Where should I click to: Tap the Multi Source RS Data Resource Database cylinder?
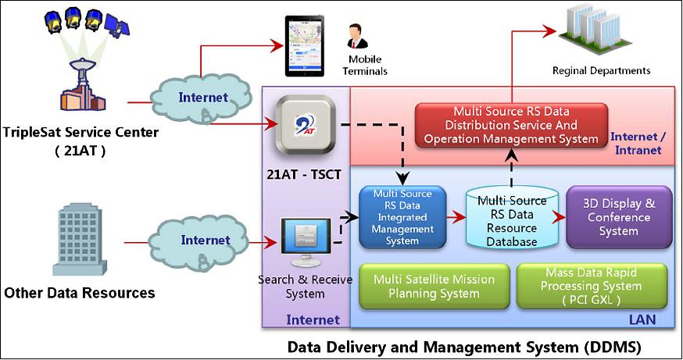(x=512, y=217)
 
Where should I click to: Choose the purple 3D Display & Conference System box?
(x=618, y=216)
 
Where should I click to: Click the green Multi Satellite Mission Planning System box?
(x=426, y=286)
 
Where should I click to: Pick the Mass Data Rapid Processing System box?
(x=592, y=286)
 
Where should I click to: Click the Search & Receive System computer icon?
(x=303, y=244)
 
